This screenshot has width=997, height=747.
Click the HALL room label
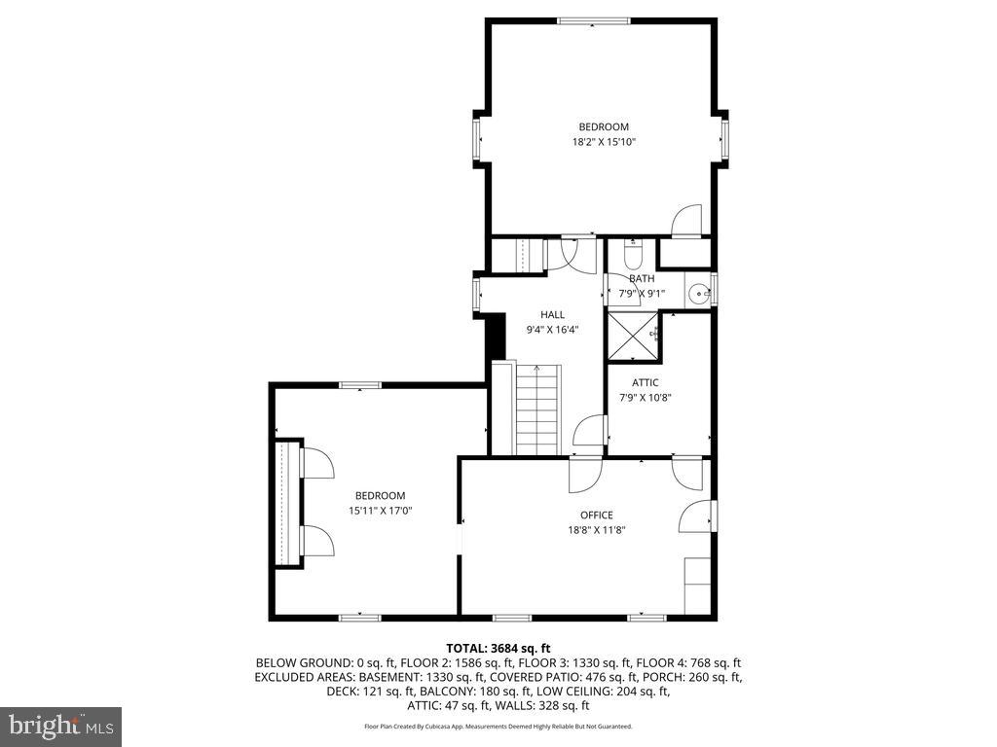click(x=552, y=314)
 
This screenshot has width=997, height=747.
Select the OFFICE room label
click(x=596, y=515)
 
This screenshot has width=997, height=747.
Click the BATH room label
click(x=642, y=279)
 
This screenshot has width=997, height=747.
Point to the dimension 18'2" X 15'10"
click(x=604, y=142)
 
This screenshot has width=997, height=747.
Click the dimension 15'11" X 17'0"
click(x=380, y=511)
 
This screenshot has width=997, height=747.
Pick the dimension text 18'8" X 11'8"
click(x=596, y=530)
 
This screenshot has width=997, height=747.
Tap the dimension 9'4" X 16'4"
click(x=552, y=330)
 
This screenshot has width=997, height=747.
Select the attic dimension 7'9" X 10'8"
click(x=646, y=397)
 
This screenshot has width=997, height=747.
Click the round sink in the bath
click(x=698, y=293)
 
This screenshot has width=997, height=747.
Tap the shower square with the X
click(x=633, y=337)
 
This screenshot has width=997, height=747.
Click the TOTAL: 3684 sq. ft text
click(x=498, y=648)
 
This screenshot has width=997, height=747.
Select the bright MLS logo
click(x=60, y=726)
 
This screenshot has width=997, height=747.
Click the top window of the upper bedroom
click(x=593, y=19)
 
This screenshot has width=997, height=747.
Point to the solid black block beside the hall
click(x=495, y=336)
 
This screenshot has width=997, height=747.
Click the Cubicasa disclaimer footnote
click(x=498, y=727)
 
